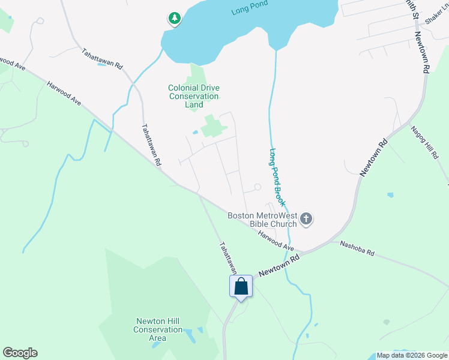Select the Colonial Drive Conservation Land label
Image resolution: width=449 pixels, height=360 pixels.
pyautogui.click(x=193, y=96)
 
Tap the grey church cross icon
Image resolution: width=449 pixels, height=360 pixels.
pyautogui.click(x=306, y=219)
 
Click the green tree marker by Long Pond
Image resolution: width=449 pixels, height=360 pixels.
pyautogui.click(x=175, y=19)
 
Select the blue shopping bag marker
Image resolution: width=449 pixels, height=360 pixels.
pyautogui.click(x=241, y=286)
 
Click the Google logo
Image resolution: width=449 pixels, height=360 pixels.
pyautogui.click(x=20, y=353)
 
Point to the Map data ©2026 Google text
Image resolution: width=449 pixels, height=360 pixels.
pyautogui.click(x=411, y=355)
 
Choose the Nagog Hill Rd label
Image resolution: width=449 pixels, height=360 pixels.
pyautogui.click(x=425, y=142)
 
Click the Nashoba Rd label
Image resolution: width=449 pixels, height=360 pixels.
pyautogui.click(x=357, y=248)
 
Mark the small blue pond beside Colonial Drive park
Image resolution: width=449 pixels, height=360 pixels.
pyautogui.click(x=196, y=132)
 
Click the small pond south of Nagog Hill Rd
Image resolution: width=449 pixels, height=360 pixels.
pyautogui.click(x=391, y=195)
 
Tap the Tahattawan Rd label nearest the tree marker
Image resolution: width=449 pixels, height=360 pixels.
pyautogui.click(x=102, y=58)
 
